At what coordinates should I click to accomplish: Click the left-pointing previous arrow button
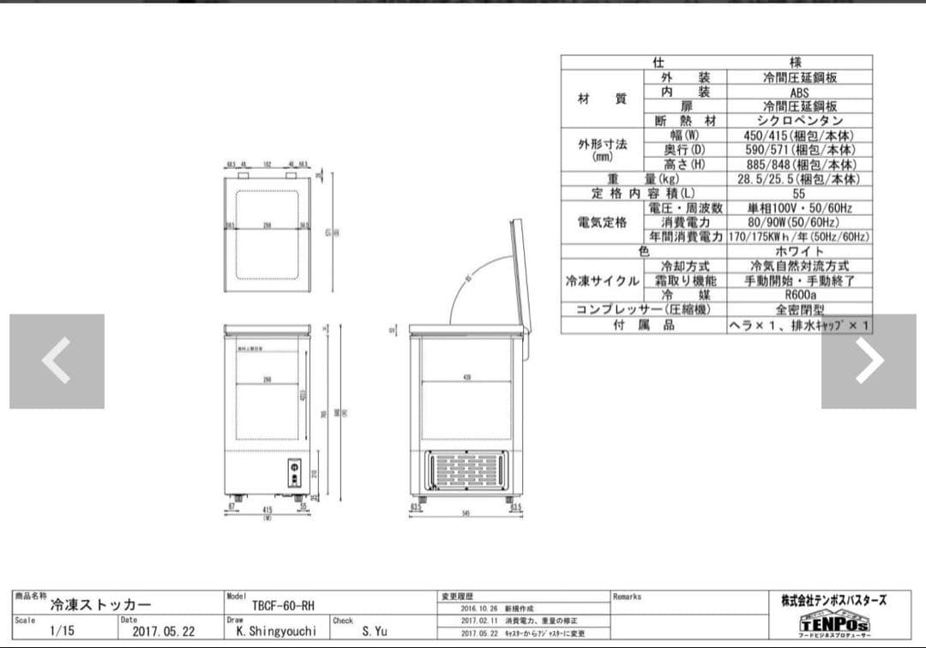coord(57,361)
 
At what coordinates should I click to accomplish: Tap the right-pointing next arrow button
coord(869,361)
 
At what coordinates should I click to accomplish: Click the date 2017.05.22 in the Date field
coord(164,631)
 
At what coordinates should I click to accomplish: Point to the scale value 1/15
coord(63,631)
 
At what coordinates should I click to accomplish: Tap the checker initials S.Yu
coord(374,631)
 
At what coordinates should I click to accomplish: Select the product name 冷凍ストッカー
coord(101,605)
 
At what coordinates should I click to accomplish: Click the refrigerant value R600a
coord(799,295)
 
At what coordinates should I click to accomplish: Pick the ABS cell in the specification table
coord(799,92)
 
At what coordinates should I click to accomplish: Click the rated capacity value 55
coord(799,194)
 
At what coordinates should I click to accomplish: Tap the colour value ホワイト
coord(799,251)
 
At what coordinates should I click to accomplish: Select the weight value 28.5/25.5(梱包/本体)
coord(799,179)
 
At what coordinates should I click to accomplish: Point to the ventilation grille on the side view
coord(467,471)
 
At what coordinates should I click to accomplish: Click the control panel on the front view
coord(295,472)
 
